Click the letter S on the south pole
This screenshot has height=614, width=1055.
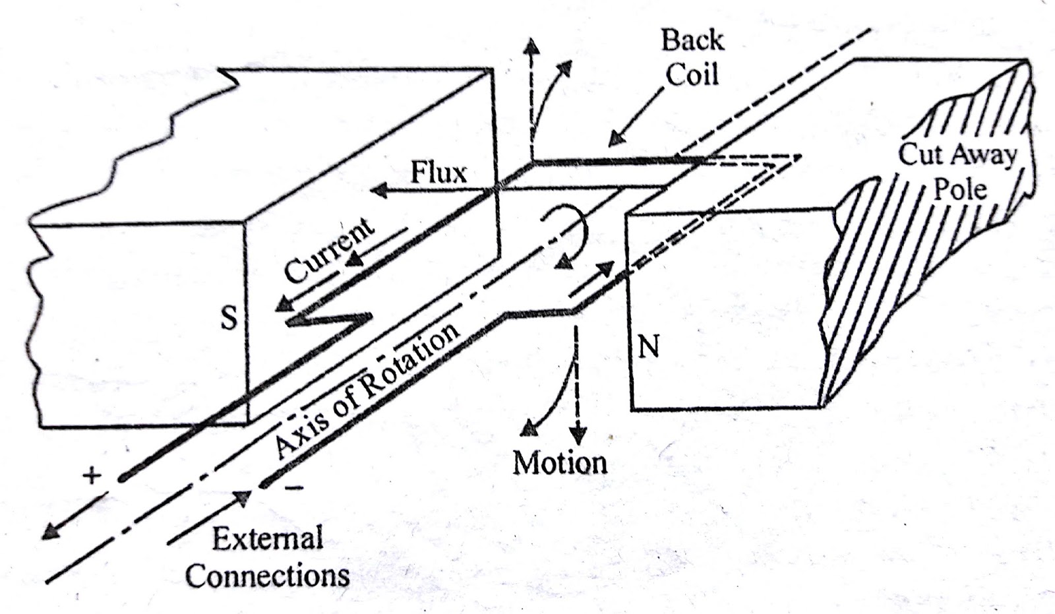click(x=228, y=319)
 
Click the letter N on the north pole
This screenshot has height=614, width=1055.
click(x=649, y=346)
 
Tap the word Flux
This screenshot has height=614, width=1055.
click(x=438, y=173)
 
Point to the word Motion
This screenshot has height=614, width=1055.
click(x=560, y=462)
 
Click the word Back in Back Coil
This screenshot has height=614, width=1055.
click(x=692, y=40)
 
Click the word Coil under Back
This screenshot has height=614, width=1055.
click(x=692, y=74)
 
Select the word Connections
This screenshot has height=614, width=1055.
click(x=267, y=576)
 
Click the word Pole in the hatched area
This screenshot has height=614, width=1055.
click(x=959, y=190)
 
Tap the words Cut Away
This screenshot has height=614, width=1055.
click(x=957, y=156)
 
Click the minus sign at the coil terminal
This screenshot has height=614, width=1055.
click(x=295, y=489)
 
